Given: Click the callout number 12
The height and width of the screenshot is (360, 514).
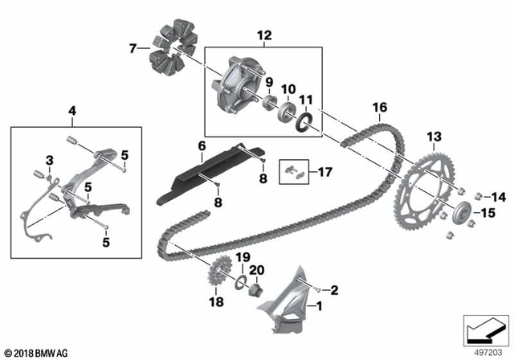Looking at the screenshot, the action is [x=263, y=35].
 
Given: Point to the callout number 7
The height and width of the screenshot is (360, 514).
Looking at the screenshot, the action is [x=133, y=49].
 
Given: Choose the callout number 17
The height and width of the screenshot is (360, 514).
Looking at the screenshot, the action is [x=324, y=171].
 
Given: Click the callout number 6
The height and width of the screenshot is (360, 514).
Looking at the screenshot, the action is [x=202, y=145].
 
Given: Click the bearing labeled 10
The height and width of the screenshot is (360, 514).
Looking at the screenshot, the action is [x=285, y=111].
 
